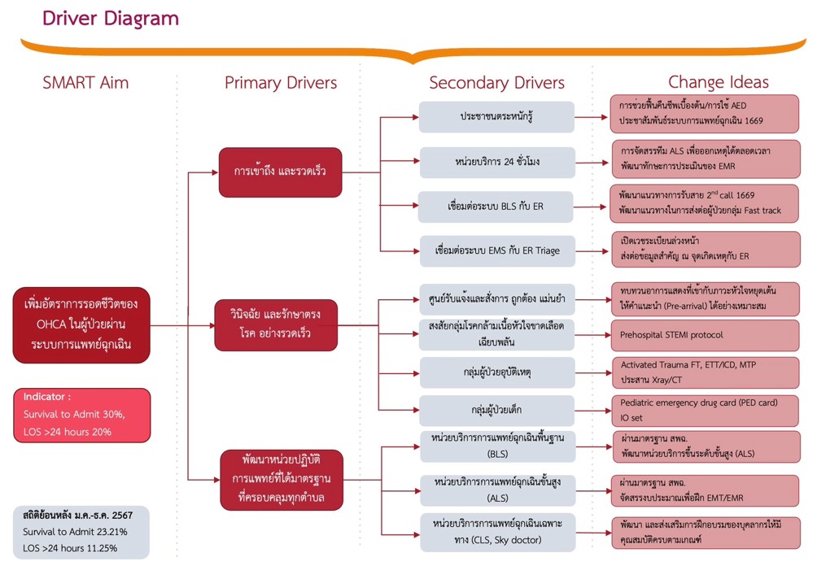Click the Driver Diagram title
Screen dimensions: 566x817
coord(111,18)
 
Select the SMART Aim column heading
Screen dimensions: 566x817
coord(85,82)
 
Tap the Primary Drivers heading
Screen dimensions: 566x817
coord(281,82)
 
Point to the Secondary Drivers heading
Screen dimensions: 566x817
coord(496,82)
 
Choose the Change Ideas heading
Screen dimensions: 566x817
coord(718,82)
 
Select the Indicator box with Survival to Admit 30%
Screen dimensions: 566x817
coord(81,415)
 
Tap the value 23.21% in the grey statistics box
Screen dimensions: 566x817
coord(107,532)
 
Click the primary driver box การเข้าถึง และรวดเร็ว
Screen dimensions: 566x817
coord(279,172)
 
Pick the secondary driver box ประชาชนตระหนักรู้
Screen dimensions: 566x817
coord(496,117)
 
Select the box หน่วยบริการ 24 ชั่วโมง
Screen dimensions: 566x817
coord(496,162)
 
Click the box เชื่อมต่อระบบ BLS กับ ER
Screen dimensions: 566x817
coord(496,207)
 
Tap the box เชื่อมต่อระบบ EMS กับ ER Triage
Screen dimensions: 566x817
coord(496,251)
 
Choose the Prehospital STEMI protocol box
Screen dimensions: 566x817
coord(705,334)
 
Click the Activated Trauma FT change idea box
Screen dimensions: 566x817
coord(705,372)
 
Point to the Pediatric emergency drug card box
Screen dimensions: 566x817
coord(705,410)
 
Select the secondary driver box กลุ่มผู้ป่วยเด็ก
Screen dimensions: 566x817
coord(496,410)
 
